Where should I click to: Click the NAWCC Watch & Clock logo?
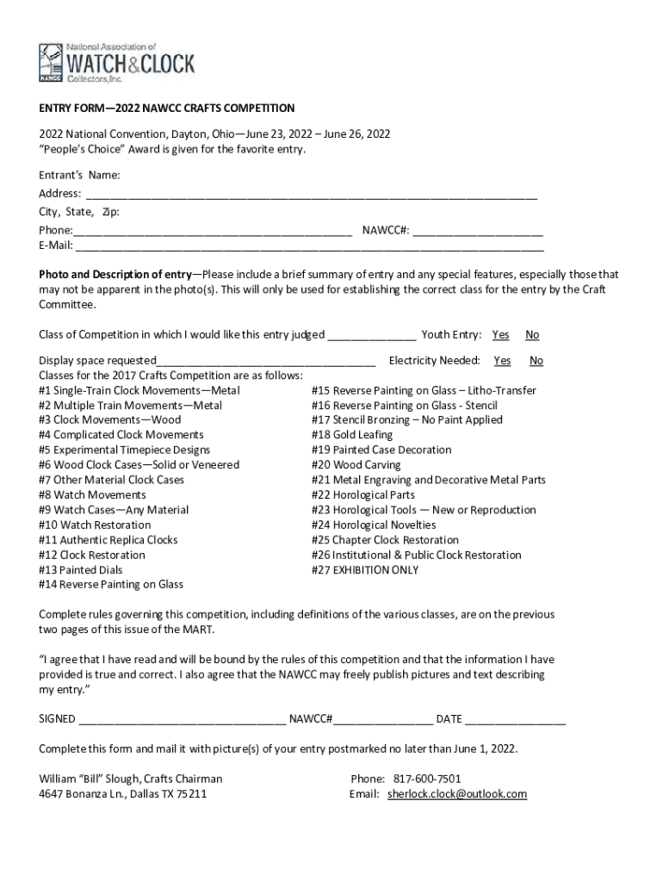click(116, 63)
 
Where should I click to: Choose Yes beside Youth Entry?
click(500, 335)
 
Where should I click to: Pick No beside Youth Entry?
click(532, 335)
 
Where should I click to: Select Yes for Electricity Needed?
click(502, 361)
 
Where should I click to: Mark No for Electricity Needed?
click(536, 361)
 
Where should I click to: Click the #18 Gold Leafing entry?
click(351, 435)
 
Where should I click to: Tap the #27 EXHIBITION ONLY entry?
click(365, 570)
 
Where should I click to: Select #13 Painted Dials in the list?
click(81, 570)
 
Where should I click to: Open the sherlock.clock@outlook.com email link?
click(456, 794)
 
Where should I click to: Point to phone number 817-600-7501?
click(427, 779)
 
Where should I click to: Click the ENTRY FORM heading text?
click(167, 109)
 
